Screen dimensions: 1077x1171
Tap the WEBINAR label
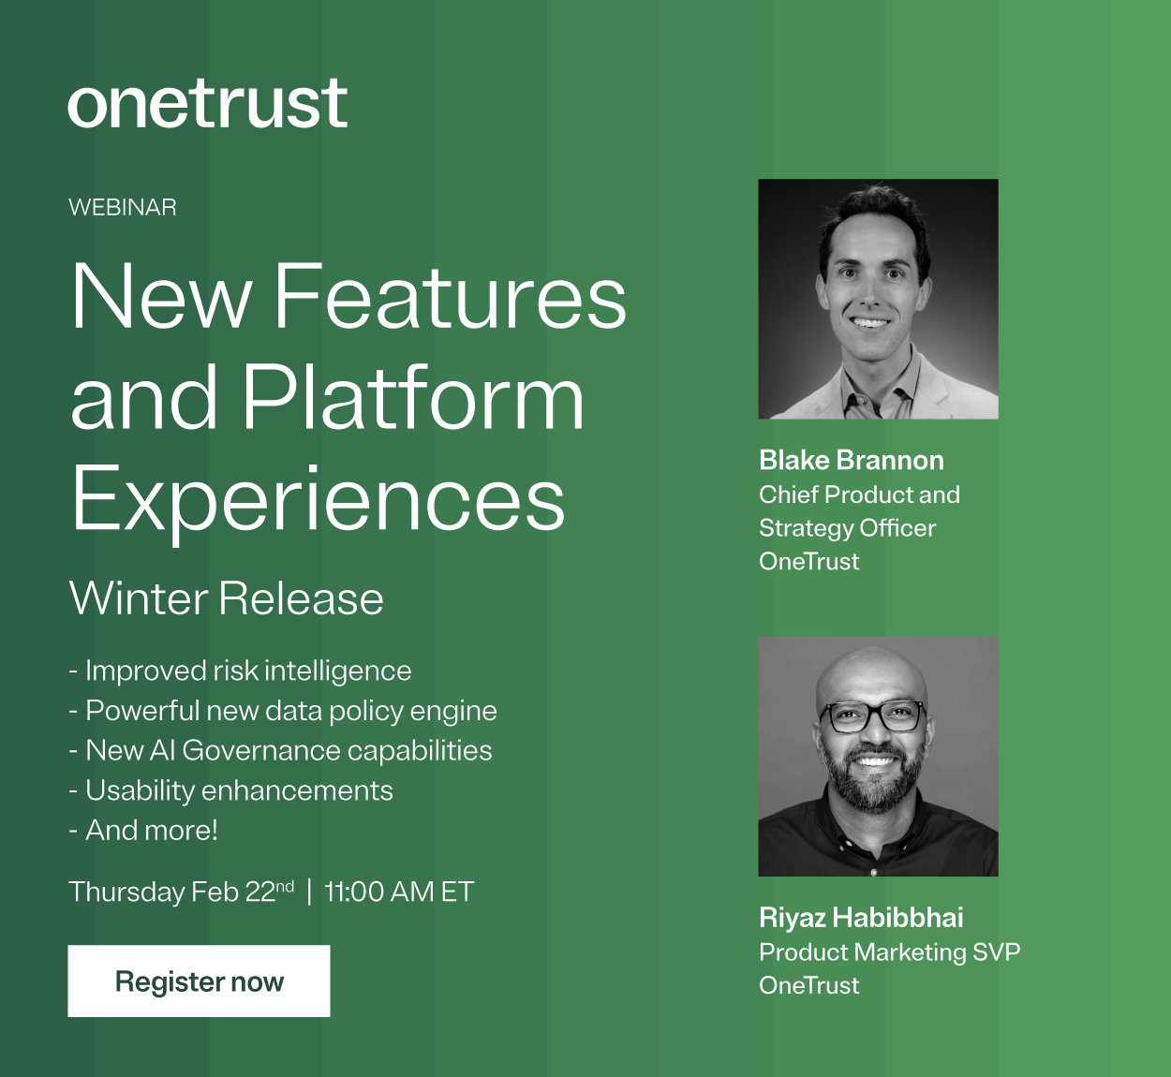[x=123, y=207]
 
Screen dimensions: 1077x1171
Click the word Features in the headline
[x=450, y=297]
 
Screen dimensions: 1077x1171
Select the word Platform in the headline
[x=413, y=398]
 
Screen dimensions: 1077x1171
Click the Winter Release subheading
[x=227, y=598]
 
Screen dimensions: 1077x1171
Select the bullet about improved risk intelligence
[x=241, y=671]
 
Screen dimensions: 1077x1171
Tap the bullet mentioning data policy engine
[x=283, y=711]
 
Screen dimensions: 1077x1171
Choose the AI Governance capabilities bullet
[x=281, y=750]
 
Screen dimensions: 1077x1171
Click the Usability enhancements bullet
[x=231, y=790]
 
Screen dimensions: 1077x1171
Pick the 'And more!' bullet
[x=143, y=830]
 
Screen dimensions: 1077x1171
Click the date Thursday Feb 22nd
[x=182, y=892]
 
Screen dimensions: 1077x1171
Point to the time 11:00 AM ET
[x=399, y=892]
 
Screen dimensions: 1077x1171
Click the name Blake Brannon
[x=852, y=460]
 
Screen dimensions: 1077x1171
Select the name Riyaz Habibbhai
[x=861, y=917]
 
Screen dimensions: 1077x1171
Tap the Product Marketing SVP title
[x=889, y=952]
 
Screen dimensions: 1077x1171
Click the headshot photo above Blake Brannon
[x=878, y=299]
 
